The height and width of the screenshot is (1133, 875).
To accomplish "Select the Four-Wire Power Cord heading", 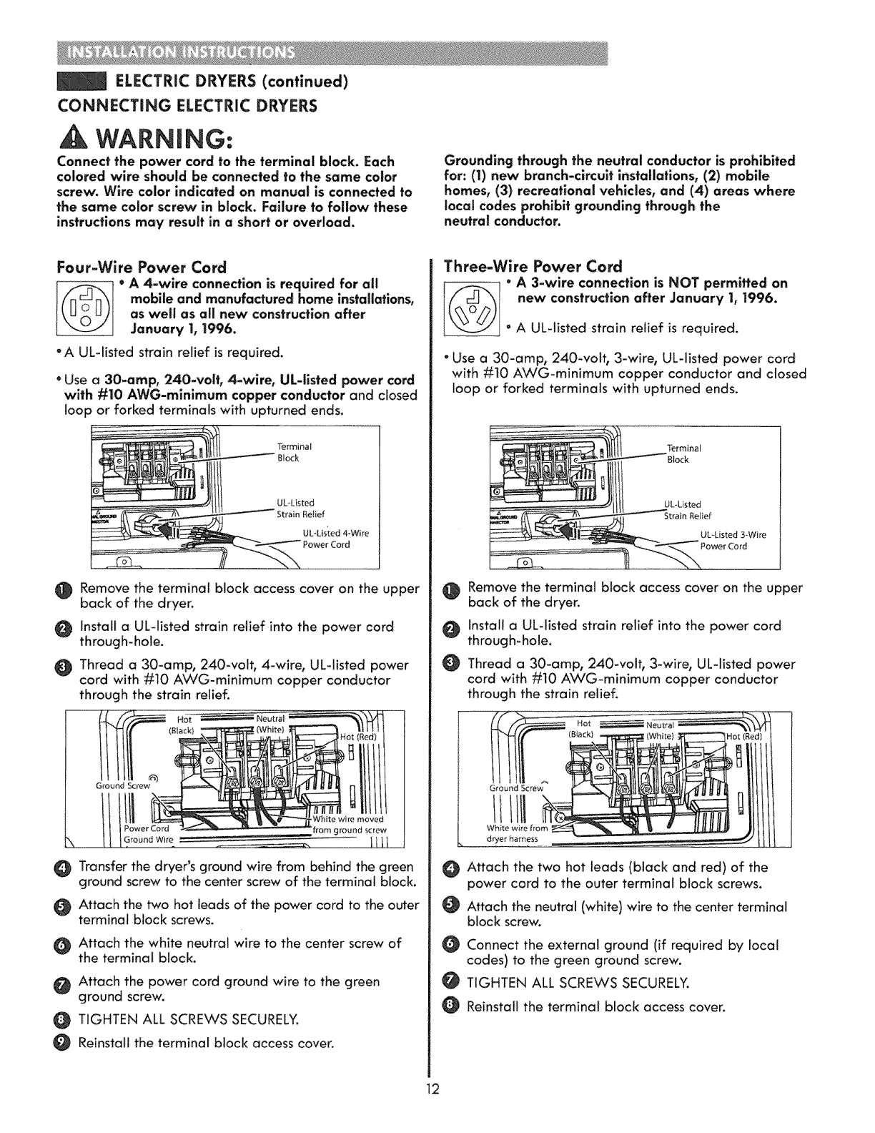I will (x=141, y=268).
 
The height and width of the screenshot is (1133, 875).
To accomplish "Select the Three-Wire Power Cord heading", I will (x=534, y=266).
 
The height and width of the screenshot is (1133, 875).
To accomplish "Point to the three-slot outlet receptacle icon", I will (x=473, y=306).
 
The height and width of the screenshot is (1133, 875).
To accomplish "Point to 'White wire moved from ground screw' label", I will (x=349, y=825).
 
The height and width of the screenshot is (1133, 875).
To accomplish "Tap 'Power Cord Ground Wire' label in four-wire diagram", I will (x=149, y=834).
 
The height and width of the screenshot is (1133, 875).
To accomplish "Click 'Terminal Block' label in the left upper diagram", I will (x=290, y=453).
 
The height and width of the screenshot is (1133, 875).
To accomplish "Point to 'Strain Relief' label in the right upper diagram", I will (x=688, y=516).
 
